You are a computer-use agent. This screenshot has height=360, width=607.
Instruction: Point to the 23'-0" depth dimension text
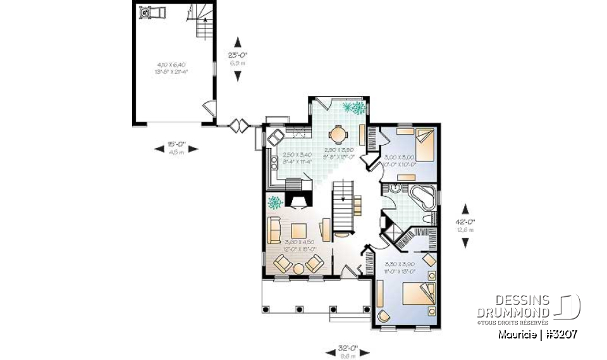238,54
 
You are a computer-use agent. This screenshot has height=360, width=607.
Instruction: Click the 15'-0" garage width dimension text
176,144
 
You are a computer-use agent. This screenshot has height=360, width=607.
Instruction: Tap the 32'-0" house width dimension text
347,347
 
